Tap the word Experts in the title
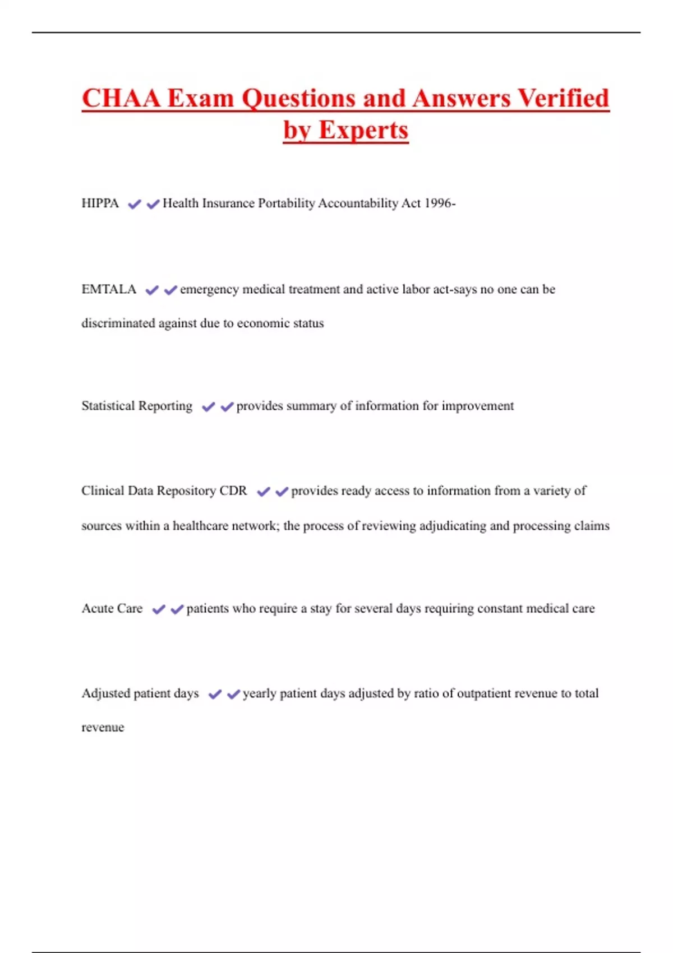click(363, 131)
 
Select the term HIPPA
click(100, 203)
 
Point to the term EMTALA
click(109, 289)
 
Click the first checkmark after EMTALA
click(151, 290)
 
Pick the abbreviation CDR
click(233, 491)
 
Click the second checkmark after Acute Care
click(177, 609)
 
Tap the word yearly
click(259, 694)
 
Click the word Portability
click(287, 203)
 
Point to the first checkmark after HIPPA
click(134, 205)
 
